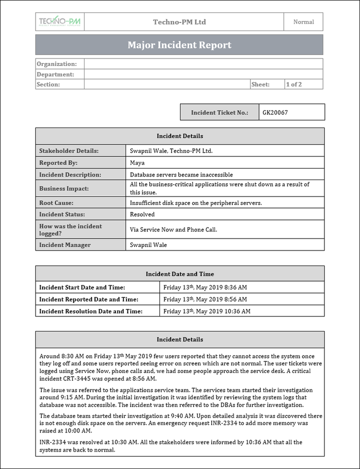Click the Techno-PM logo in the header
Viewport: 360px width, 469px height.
click(x=59, y=22)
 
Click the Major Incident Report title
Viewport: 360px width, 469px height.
click(x=179, y=45)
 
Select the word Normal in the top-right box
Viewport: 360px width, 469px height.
click(x=303, y=22)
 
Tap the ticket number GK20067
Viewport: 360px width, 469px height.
click(x=275, y=112)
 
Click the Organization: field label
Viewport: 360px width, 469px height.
click(x=57, y=64)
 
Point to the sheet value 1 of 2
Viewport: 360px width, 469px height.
click(x=294, y=84)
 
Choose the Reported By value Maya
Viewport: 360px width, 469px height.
click(x=137, y=163)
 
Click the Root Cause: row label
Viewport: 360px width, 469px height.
click(x=56, y=203)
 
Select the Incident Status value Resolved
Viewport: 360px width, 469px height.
click(x=142, y=214)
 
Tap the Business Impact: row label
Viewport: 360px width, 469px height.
click(x=64, y=188)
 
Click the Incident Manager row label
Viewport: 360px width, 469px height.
click(x=65, y=245)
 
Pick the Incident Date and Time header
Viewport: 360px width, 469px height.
click(x=179, y=274)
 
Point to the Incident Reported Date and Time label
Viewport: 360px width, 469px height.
click(x=89, y=299)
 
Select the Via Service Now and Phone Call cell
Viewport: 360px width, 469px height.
click(x=173, y=230)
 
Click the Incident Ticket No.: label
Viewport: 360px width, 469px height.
click(x=219, y=112)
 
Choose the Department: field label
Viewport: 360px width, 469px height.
click(x=55, y=74)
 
